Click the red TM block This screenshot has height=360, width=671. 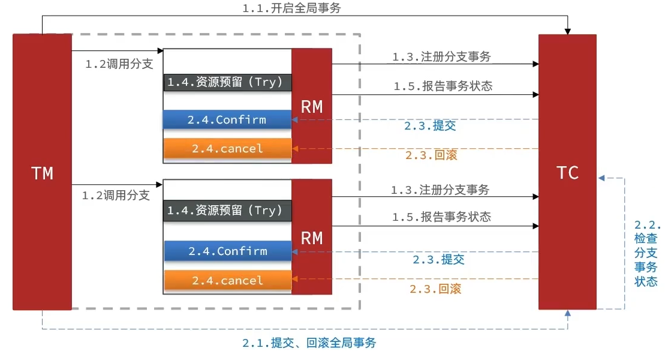[42, 173]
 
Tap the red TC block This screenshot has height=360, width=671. [567, 173]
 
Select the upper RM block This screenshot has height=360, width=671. [312, 106]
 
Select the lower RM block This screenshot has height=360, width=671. [312, 238]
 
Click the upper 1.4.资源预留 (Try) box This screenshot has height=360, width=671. [227, 82]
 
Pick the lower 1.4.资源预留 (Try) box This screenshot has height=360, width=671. [227, 211]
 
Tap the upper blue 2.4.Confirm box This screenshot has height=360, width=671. [227, 119]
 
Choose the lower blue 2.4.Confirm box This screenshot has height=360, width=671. [227, 251]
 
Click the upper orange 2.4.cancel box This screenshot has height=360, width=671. [227, 148]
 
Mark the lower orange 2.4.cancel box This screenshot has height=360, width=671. [227, 280]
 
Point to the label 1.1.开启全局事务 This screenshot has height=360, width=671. [293, 8]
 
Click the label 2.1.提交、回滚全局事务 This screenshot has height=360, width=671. [309, 343]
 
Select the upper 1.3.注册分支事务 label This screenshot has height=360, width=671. [441, 57]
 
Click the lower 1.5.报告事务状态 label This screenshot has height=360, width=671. [441, 217]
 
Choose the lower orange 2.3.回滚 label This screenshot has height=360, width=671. [435, 289]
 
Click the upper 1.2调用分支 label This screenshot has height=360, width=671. [119, 64]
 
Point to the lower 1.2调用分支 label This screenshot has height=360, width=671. [116, 195]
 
